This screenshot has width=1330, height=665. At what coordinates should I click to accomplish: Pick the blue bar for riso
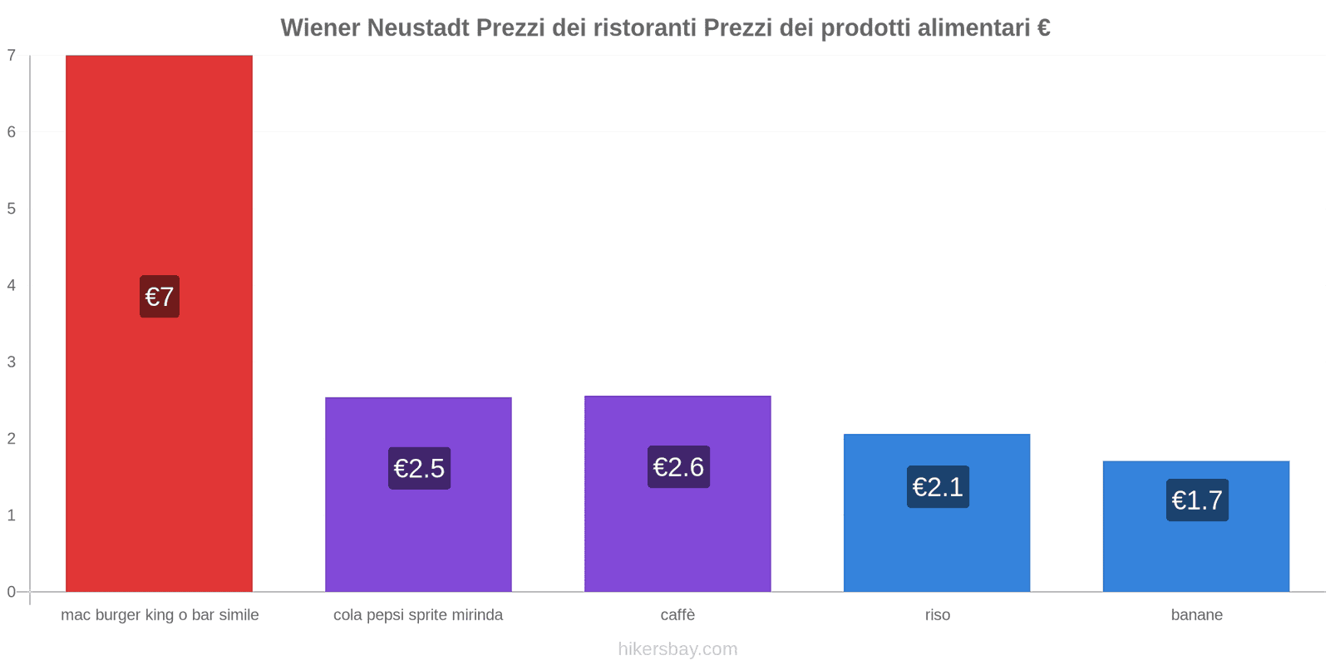coord(937,549)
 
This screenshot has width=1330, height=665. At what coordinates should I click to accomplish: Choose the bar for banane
coord(1196,557)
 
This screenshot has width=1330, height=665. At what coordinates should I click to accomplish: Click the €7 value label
coord(160,297)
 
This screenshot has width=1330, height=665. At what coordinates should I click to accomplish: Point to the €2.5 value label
coord(419,469)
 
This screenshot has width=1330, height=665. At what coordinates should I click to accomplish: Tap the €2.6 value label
coord(678,467)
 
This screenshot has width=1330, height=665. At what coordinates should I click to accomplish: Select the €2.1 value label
coord(938,487)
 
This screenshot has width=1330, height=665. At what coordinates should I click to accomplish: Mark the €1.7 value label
coord(1197,500)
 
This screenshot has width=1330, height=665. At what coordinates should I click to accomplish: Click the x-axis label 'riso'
coord(938,615)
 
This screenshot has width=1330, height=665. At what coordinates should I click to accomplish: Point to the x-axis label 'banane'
coord(1196,615)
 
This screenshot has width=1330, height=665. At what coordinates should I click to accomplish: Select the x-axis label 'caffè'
coord(677,615)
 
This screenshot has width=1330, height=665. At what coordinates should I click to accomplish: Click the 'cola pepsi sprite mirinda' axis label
coord(418,615)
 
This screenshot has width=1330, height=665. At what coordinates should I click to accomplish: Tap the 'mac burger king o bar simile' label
coord(160,615)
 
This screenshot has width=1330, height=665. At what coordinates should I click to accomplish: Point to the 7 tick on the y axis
coord(12,56)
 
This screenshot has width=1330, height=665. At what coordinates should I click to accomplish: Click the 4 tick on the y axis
coord(12,285)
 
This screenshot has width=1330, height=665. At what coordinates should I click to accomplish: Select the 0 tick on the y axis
coord(12,592)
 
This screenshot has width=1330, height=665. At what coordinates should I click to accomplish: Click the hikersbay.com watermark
coord(677,649)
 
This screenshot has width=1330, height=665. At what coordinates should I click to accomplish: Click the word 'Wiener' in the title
coord(320,28)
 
